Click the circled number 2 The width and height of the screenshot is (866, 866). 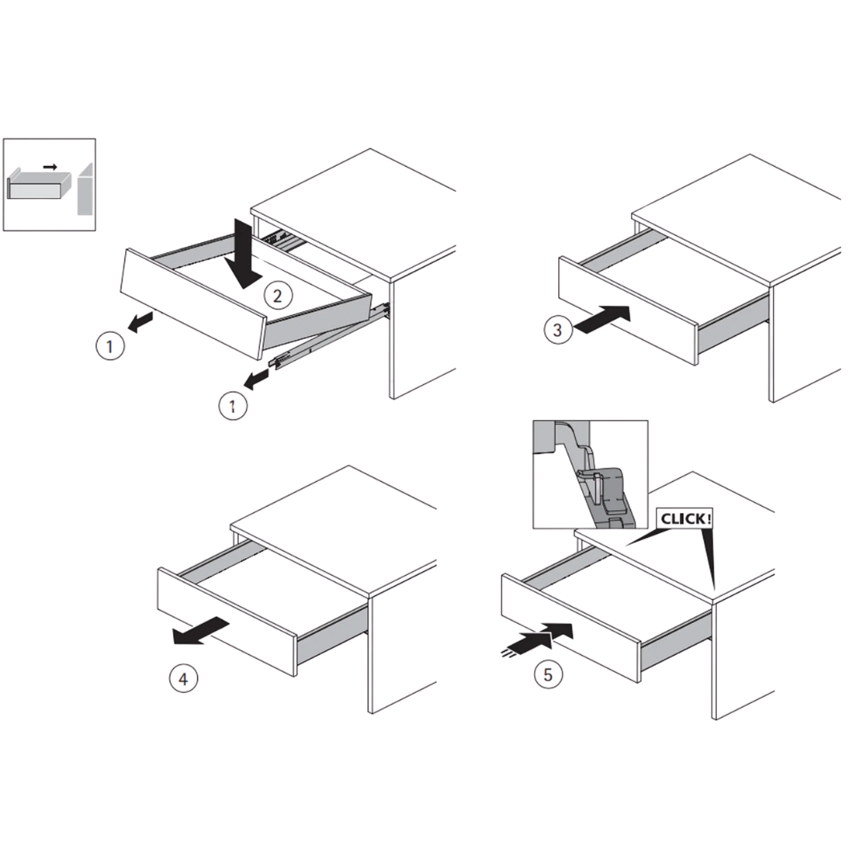tap(277, 296)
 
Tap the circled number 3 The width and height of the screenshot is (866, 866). tap(557, 330)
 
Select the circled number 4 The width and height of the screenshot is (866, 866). tap(184, 679)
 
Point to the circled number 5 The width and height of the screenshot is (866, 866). tap(548, 674)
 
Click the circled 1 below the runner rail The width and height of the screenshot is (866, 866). tap(233, 407)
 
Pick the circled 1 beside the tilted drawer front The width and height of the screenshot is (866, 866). tap(110, 346)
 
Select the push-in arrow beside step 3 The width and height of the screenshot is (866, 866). tap(602, 320)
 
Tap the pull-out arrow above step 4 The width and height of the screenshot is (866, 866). tap(200, 631)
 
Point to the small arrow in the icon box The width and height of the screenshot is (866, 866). tap(51, 167)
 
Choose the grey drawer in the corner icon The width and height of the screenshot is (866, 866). tap(38, 184)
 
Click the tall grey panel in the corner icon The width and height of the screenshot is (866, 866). tap(84, 189)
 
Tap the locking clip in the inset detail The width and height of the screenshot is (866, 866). tap(606, 493)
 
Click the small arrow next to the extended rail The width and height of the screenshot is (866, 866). tap(256, 379)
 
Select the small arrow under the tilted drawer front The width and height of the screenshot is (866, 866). tap(140, 322)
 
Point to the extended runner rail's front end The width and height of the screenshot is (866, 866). tap(276, 362)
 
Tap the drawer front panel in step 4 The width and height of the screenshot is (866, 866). tap(226, 621)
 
